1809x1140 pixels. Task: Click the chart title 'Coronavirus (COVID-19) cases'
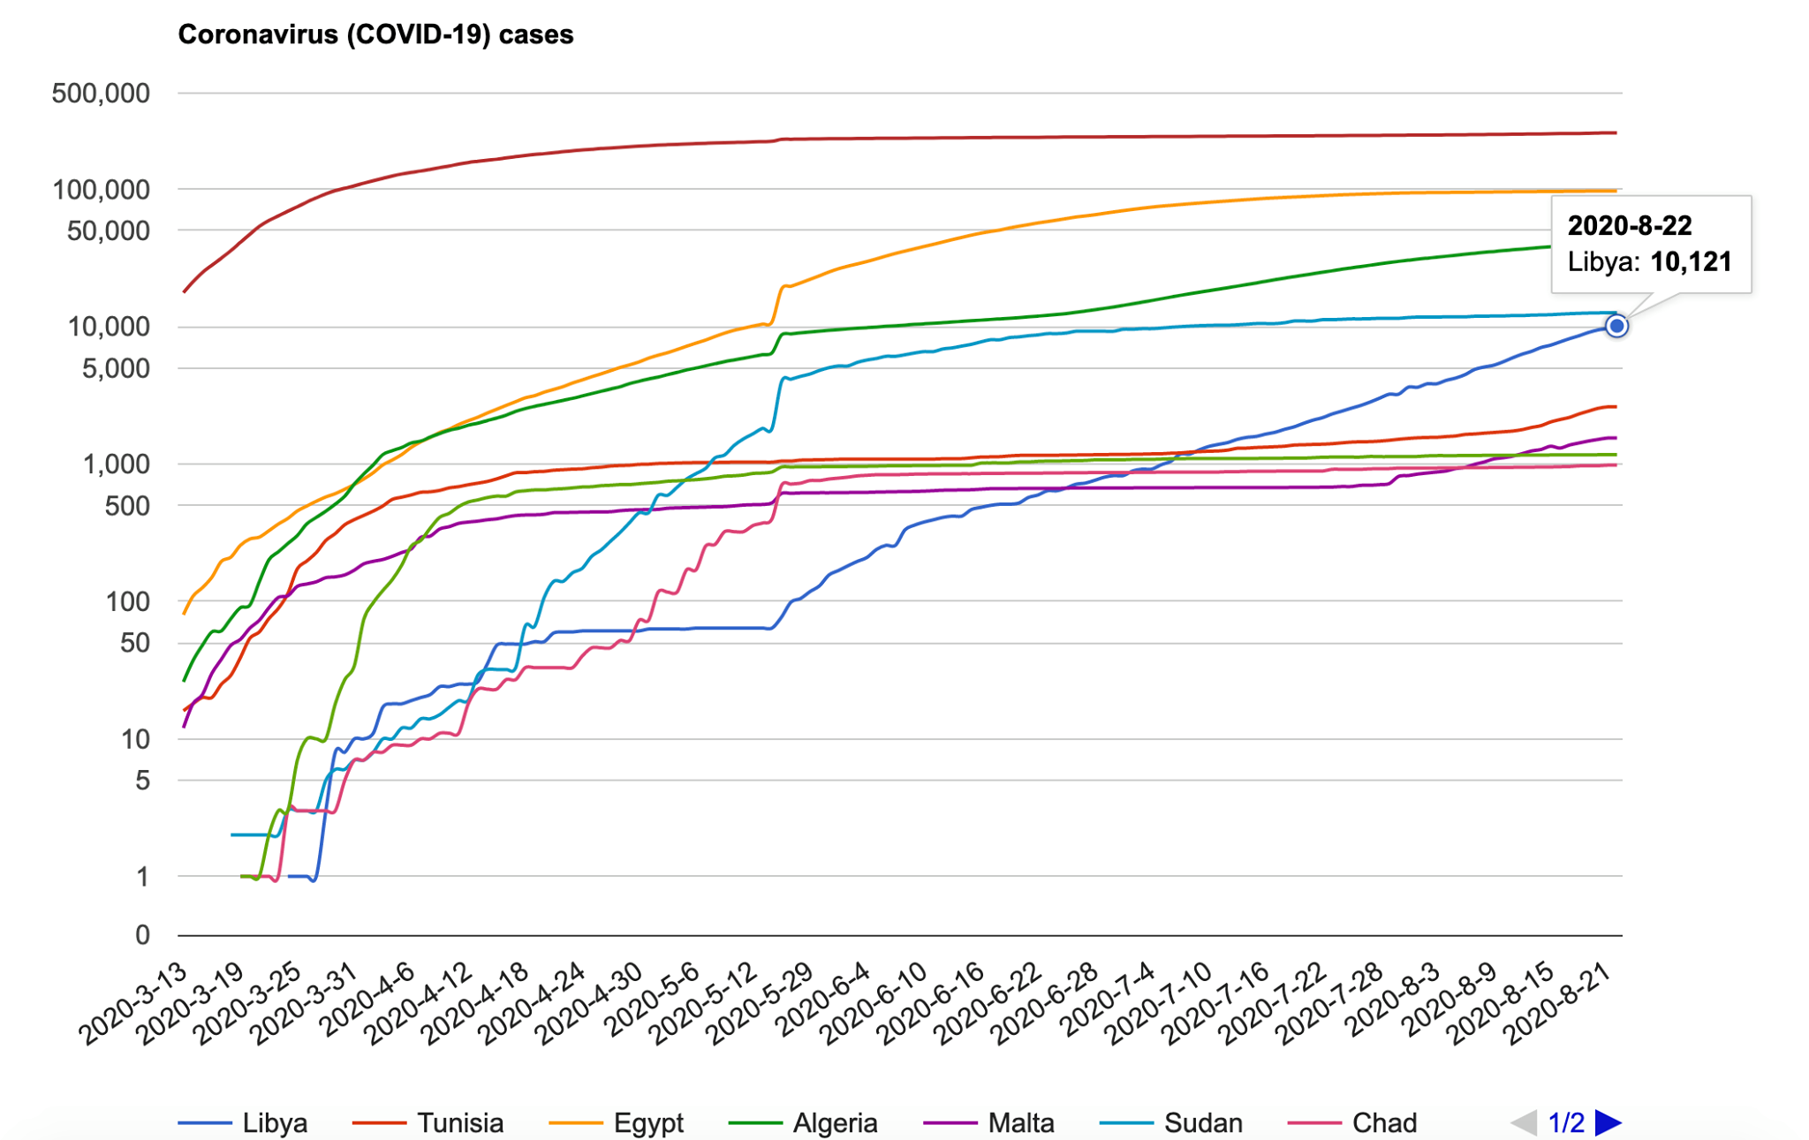point(375,34)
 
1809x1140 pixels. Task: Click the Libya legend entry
point(243,1122)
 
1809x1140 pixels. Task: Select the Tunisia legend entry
point(428,1122)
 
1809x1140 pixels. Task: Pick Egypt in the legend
point(617,1122)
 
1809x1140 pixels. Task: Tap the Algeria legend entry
point(803,1122)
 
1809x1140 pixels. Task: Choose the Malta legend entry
point(989,1122)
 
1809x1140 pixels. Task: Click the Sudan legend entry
point(1171,1122)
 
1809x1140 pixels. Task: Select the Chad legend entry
point(1352,1122)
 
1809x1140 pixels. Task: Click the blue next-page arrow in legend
point(1608,1122)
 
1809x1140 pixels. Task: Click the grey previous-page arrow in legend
point(1525,1122)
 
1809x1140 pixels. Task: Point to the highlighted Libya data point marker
point(1616,326)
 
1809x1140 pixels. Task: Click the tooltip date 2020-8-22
point(1630,226)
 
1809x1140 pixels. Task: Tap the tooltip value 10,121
point(1691,261)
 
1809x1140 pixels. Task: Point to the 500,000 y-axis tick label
point(101,93)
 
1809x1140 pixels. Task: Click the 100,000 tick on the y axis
point(101,189)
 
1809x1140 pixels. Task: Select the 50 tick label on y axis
point(135,643)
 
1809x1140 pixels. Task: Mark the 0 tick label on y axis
point(142,935)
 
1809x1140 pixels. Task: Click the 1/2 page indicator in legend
point(1566,1122)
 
